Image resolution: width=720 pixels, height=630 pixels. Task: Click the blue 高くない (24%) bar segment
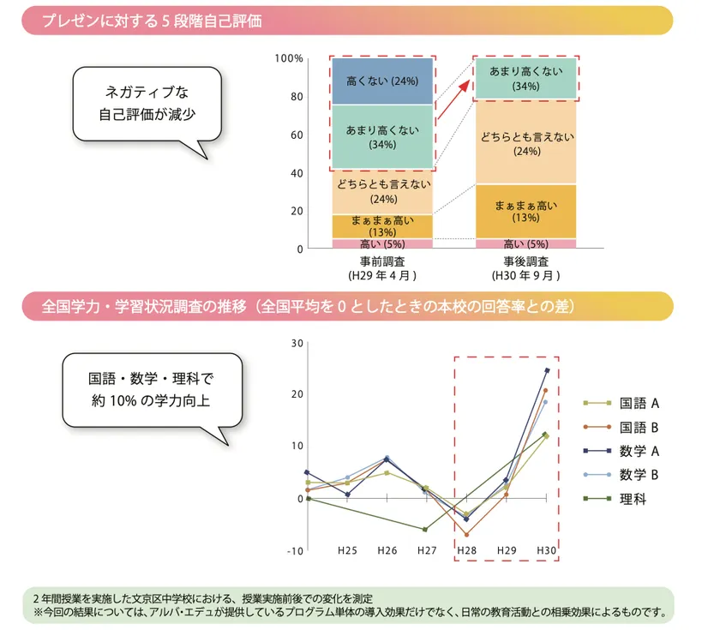click(x=381, y=81)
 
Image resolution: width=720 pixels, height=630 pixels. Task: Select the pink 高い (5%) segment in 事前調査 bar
click(x=381, y=244)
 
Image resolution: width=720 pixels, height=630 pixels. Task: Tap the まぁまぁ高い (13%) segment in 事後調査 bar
click(x=525, y=211)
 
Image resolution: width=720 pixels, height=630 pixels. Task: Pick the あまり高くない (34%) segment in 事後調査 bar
click(x=525, y=79)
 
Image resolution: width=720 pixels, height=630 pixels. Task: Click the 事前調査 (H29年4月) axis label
click(x=382, y=268)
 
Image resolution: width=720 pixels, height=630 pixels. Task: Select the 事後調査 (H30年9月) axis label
click(x=525, y=268)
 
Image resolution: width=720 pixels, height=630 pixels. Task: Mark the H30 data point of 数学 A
click(x=547, y=370)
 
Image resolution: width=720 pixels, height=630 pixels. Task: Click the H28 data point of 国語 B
click(x=467, y=535)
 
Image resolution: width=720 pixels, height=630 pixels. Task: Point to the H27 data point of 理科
click(x=425, y=530)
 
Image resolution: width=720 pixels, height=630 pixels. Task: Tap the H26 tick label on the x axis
click(x=387, y=550)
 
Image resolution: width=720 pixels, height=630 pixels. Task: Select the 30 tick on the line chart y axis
click(x=297, y=343)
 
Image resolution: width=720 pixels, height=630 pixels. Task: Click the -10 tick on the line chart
click(x=296, y=550)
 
